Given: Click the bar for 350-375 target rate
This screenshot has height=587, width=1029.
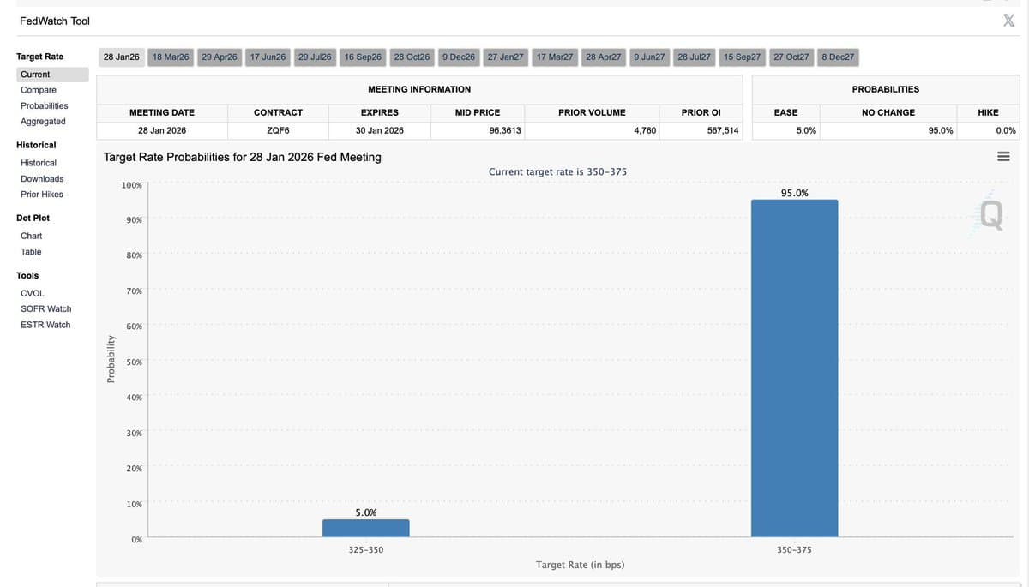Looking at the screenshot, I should point(794,368).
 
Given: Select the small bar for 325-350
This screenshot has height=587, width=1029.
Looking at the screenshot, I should point(366,528).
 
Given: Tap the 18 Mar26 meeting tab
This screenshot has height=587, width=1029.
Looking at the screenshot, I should point(170,57).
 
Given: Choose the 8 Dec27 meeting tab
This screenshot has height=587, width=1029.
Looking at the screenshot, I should point(838,57).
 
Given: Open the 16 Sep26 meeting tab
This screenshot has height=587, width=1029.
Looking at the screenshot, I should point(363,57).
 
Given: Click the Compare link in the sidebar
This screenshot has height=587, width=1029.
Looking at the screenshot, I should point(39,90).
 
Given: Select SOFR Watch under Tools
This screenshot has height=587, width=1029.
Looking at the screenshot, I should point(45,308).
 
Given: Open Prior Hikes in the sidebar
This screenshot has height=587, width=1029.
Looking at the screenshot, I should point(42,195).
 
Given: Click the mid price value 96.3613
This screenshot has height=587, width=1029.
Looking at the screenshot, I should point(505,130).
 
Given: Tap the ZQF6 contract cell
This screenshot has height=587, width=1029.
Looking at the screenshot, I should point(278,130).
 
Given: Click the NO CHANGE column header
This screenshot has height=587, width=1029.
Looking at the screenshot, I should point(888,112).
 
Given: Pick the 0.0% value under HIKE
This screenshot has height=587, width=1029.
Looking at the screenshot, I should point(1006,130).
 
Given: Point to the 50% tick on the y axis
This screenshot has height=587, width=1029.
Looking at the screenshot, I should point(134,362).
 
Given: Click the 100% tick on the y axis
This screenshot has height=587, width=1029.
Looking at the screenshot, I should point(132,185).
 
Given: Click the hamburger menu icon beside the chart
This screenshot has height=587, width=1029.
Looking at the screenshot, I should point(1003,157).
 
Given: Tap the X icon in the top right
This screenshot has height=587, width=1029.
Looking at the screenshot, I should point(1008,21).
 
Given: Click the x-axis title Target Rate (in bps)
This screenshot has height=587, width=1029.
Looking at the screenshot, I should point(580,565).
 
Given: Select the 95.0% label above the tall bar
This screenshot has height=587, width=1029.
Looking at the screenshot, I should point(794,193).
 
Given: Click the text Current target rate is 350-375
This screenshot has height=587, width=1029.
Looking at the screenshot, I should point(557,171).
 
